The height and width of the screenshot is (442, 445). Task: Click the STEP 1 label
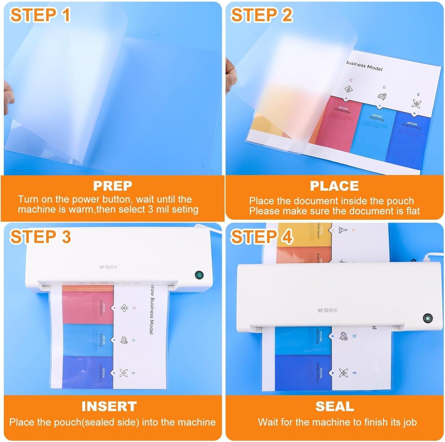pos(40,15)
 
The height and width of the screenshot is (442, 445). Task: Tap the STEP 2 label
pos(261,15)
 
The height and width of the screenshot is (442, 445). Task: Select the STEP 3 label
pos(40,237)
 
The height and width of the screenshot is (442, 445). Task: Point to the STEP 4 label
pos(261,237)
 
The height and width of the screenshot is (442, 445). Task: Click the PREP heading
pos(112,186)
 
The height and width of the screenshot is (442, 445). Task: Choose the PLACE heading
pos(334,186)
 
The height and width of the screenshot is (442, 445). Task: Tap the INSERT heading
pos(109,406)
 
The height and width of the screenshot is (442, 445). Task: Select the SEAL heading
pos(334,406)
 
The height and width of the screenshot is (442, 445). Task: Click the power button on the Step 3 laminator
pos(199,275)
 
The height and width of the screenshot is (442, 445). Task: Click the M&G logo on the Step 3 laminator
pos(108,267)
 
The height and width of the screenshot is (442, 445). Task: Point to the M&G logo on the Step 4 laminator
pos(327,310)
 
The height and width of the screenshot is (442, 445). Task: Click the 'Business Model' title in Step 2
pos(364,66)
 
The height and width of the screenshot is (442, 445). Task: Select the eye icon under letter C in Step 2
pos(348,89)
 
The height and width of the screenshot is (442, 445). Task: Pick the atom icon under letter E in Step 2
pos(416,104)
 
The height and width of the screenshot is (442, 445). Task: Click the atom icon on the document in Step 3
pos(123,373)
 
